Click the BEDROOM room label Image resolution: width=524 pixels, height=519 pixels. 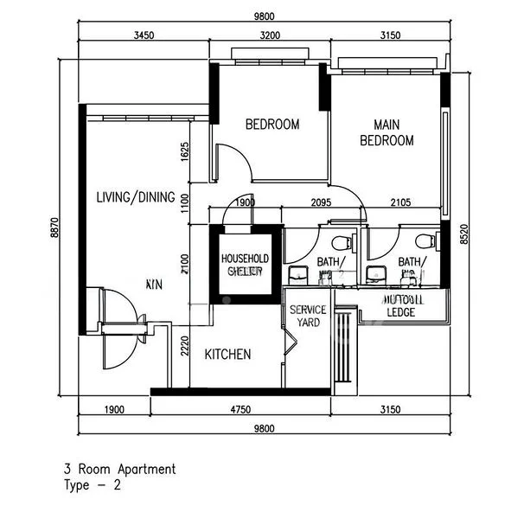click(272, 125)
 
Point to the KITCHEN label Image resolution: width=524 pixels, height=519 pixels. click(227, 354)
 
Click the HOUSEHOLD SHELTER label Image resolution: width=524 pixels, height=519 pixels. click(246, 265)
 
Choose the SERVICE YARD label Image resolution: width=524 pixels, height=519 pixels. click(307, 316)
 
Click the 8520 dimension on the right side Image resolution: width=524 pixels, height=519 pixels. click(463, 234)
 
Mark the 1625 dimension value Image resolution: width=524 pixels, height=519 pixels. click(184, 153)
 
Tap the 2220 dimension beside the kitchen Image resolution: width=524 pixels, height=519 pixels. click(184, 349)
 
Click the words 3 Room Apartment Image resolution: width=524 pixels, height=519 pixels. click(119, 470)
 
